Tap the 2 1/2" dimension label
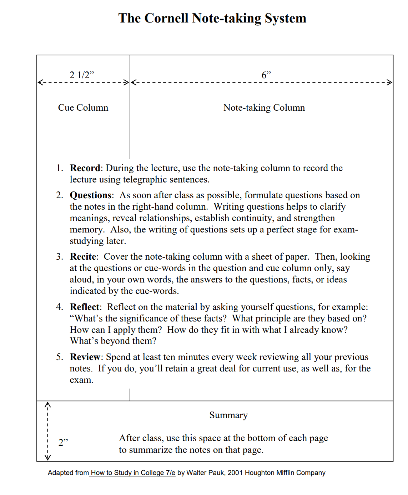pos(82,75)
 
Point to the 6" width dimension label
pos(266,75)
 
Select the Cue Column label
pos(83,107)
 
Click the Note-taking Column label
pos(264,107)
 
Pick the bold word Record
pos(85,168)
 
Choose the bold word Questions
pos(91,195)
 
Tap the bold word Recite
pos(83,256)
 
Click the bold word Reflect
pos(84,307)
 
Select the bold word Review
pos(85,357)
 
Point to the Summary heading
pos(228,415)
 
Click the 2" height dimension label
pos(63,442)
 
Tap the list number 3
pos(59,256)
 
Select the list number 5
pos(59,357)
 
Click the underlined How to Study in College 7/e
pos(133,473)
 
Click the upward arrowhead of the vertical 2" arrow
pos(47,404)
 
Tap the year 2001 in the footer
pos(235,473)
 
